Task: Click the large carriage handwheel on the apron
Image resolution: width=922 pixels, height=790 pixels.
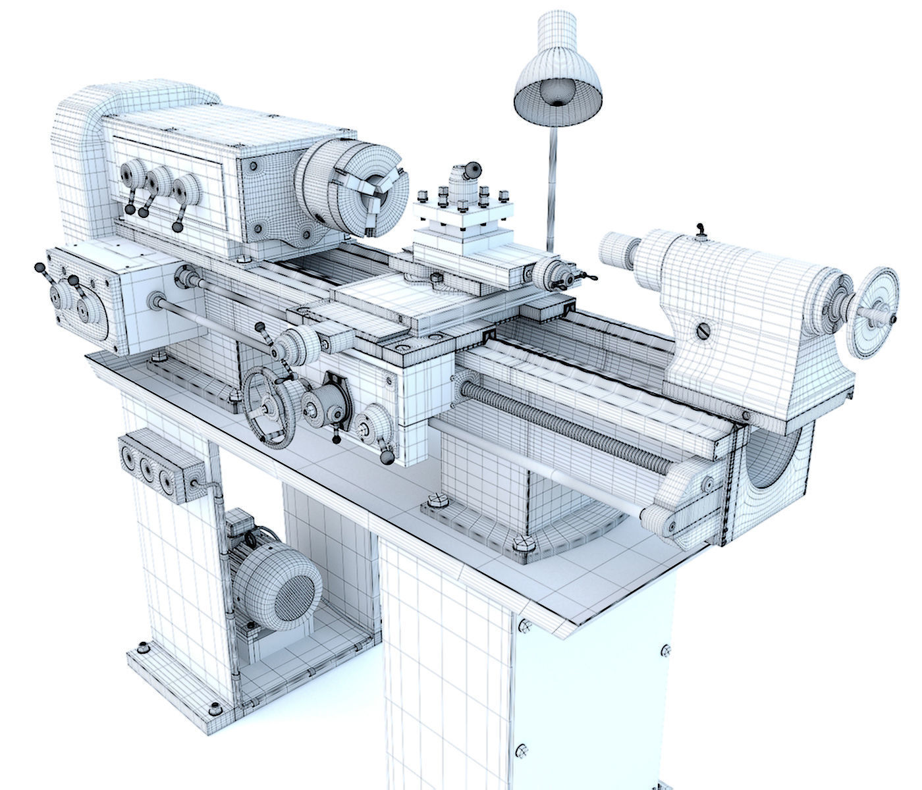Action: (x=270, y=409)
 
